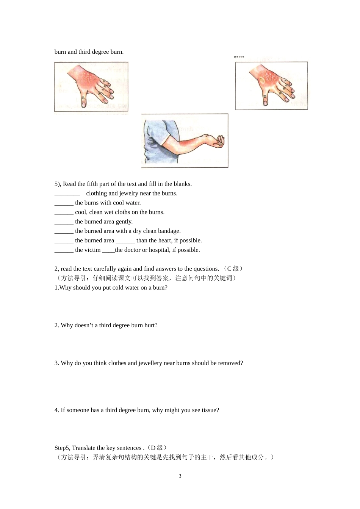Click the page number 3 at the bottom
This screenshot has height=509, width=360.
click(x=180, y=476)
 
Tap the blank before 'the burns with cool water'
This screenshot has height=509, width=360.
click(x=64, y=203)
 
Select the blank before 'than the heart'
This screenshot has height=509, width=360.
click(x=125, y=241)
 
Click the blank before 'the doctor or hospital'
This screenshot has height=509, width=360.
click(x=108, y=250)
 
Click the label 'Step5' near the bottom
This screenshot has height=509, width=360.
click(x=62, y=448)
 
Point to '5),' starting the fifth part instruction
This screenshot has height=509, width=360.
click(x=58, y=184)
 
